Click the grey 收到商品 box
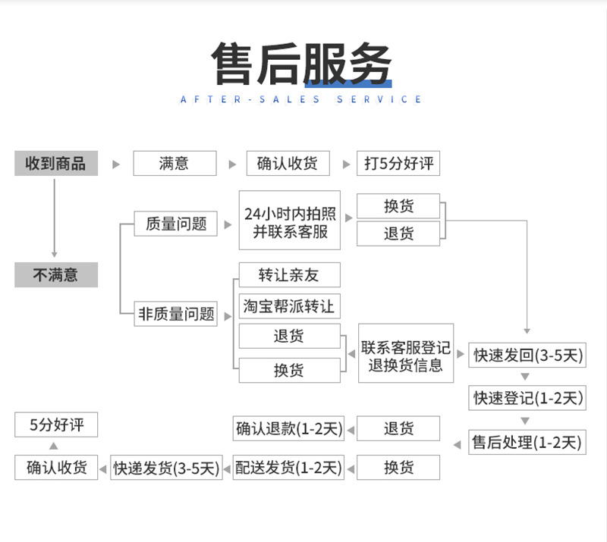56,164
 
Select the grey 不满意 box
56,275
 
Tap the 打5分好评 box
398,164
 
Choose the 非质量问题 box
176,314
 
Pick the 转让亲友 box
289,274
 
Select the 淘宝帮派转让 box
289,306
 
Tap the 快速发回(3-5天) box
527,355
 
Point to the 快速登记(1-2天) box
527,397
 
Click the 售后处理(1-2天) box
527,442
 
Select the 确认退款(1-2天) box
288,428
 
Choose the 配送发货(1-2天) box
288,468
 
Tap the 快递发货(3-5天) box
167,468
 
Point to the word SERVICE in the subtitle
379,99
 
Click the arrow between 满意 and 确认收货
231,164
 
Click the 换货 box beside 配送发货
398,468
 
